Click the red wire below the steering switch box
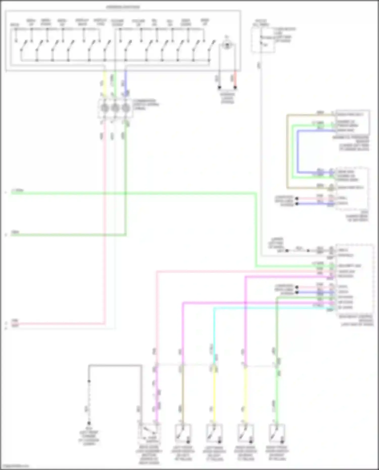coord(235,79)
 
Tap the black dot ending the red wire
coord(235,87)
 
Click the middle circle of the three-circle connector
coord(115,108)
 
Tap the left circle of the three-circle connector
coord(105,108)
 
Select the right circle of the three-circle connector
coord(126,108)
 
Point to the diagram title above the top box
coord(123,7)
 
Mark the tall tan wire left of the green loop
coord(287,152)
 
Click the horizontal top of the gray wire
coord(115,365)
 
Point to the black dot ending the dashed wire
coord(89,423)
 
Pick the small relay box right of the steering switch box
coord(263,40)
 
